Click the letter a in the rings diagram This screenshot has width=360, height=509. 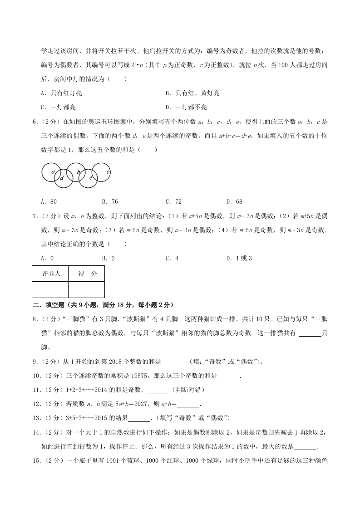(x=53, y=172)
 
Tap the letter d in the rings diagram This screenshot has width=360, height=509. (x=62, y=178)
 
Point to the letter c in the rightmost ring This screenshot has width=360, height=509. (x=108, y=172)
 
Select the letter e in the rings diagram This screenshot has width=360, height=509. (x=90, y=178)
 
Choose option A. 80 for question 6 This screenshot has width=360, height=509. (x=49, y=201)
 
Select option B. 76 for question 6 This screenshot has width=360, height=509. (x=110, y=201)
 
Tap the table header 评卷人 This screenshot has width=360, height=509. (x=50, y=274)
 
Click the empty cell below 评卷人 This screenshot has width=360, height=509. (x=50, y=289)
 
